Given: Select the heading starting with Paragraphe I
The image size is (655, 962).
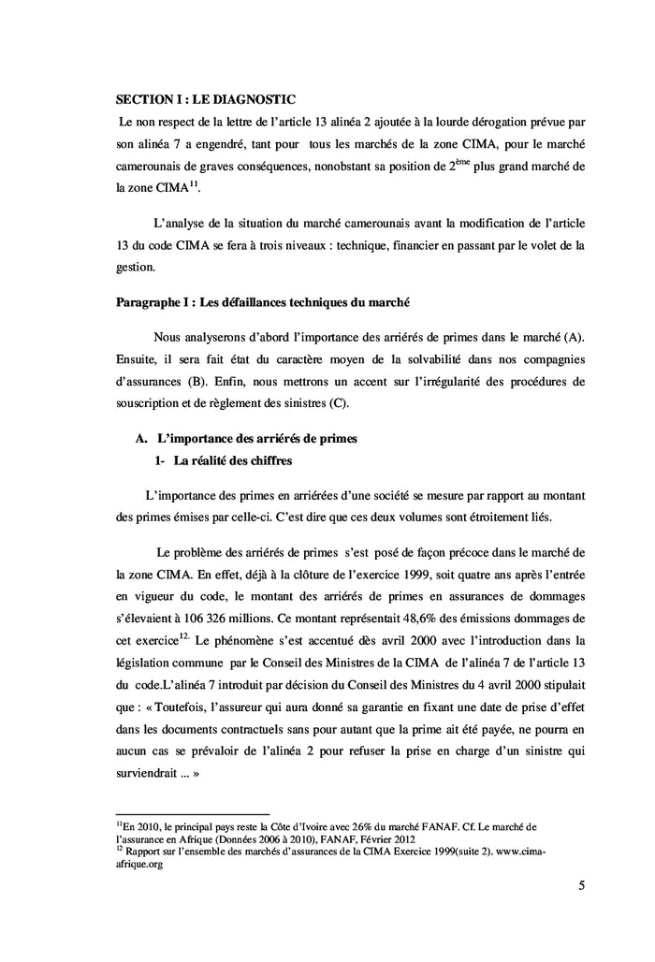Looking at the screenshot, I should tap(262, 303).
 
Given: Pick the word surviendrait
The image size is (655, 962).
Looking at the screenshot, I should tap(149, 776).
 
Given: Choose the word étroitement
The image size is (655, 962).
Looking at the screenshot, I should tap(486, 517).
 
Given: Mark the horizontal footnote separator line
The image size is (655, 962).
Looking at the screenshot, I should tap(192, 813).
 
